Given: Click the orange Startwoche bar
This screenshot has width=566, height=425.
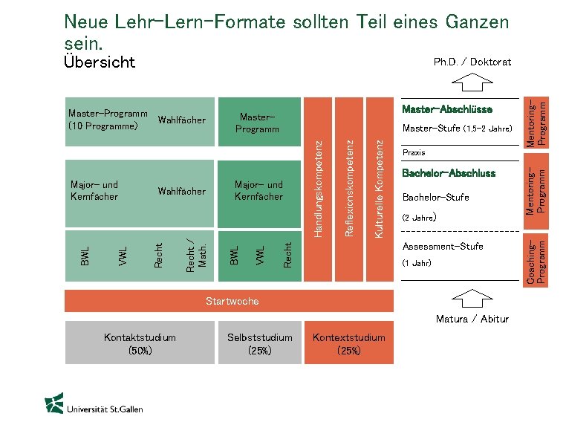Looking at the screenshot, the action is [x=232, y=301].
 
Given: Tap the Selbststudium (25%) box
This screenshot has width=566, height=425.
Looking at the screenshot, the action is [x=260, y=343].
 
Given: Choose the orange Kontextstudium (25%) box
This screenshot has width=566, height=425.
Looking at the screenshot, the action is [x=348, y=343].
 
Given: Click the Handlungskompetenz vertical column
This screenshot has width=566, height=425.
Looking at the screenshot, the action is [x=319, y=189].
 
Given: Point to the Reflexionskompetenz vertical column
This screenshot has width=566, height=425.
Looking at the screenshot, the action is [x=349, y=189].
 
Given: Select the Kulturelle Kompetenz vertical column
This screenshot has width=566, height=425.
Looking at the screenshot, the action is [x=378, y=189].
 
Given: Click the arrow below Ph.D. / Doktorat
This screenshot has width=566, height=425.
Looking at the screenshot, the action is [x=472, y=80].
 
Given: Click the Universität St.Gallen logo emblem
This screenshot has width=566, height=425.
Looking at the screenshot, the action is [x=53, y=404].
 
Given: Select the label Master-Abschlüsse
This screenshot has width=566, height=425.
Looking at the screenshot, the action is [x=446, y=110].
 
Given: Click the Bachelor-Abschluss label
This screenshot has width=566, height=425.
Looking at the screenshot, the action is [x=448, y=174].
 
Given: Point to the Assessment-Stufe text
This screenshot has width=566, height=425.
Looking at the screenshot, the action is [x=442, y=247].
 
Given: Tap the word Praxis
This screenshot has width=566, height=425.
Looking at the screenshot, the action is [x=414, y=152].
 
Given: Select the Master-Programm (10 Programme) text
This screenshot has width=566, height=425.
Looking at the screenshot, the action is [x=107, y=119].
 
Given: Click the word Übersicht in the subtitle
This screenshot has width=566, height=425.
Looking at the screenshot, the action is [x=100, y=62].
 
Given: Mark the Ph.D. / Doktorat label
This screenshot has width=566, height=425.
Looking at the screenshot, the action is [x=472, y=62].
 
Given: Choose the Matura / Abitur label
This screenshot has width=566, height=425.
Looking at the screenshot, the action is [x=472, y=319].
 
